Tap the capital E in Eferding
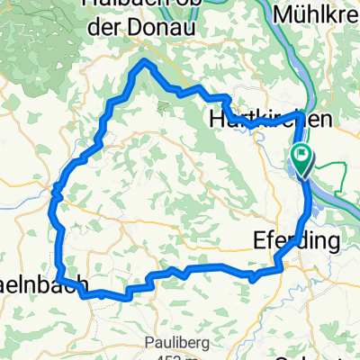[252, 241]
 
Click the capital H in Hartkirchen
[217, 118]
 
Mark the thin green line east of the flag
[333, 165]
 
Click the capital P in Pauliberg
[123, 342]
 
